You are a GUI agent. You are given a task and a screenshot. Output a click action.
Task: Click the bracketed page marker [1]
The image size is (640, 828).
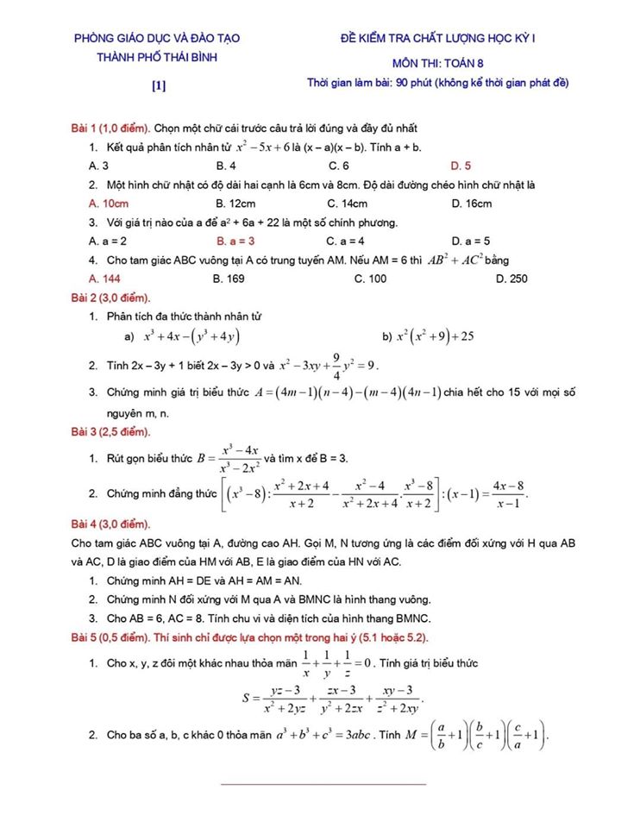(158, 85)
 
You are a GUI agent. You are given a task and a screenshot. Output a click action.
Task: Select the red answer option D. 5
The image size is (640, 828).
(461, 165)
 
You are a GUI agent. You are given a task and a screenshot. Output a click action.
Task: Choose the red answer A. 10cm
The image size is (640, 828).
(109, 204)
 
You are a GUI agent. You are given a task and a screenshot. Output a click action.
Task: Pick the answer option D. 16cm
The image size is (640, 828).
(472, 204)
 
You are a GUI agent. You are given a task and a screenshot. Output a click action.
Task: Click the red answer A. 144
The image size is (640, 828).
(104, 279)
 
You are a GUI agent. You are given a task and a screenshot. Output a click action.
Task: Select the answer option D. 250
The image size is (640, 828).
(511, 279)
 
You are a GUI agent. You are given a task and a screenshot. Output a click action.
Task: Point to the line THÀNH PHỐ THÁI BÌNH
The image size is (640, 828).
(157, 58)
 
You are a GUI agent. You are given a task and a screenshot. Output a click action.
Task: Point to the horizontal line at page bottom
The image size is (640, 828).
(324, 784)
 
